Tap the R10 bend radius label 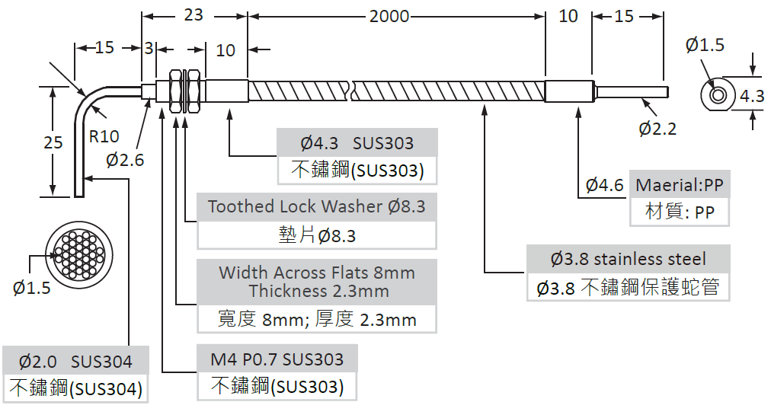pyautogui.click(x=104, y=136)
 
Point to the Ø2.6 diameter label pyautogui.click(x=125, y=160)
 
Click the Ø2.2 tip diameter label pyautogui.click(x=657, y=128)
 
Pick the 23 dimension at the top pyautogui.click(x=194, y=14)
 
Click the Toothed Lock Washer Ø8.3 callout pyautogui.click(x=317, y=206)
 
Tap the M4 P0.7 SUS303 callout pyautogui.click(x=277, y=359)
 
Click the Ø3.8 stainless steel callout pyautogui.click(x=629, y=259)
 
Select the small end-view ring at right pyautogui.click(x=718, y=96)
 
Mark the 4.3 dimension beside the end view pyautogui.click(x=752, y=97)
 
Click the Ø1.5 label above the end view pyautogui.click(x=705, y=46)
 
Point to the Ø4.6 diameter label pyautogui.click(x=605, y=185)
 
